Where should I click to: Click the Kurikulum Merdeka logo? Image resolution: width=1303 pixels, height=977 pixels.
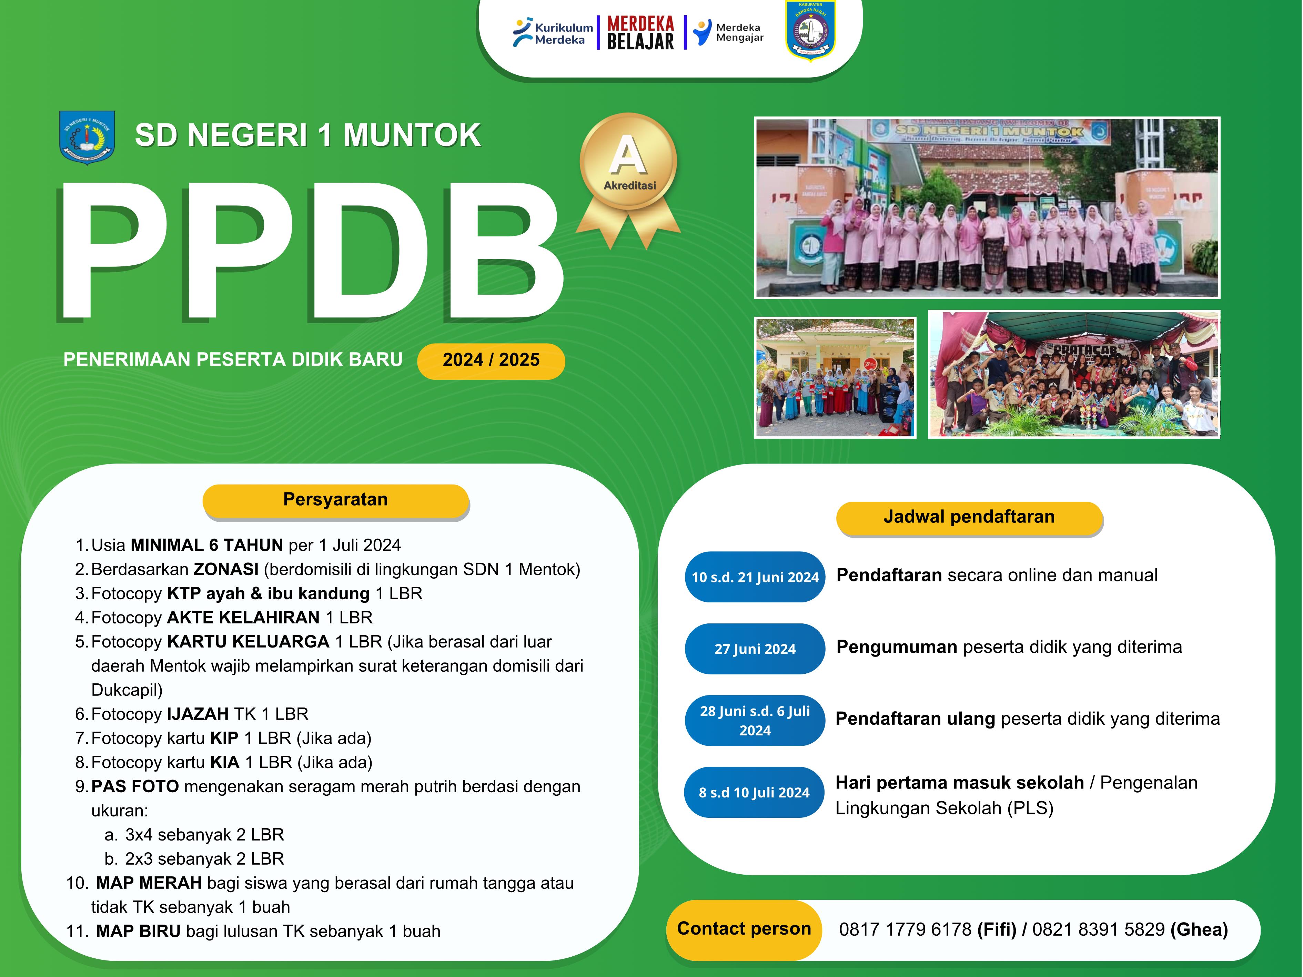tap(553, 32)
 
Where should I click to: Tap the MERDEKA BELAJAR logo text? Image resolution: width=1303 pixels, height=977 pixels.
tap(640, 32)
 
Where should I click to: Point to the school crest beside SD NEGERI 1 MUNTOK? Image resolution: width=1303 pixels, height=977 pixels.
tap(87, 137)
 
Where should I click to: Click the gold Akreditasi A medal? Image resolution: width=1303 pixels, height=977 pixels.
tap(628, 180)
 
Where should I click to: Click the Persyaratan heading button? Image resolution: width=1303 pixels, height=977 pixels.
tap(336, 501)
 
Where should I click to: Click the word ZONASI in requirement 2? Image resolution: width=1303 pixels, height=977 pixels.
tap(226, 569)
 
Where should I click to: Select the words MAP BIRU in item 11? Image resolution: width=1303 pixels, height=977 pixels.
tap(139, 931)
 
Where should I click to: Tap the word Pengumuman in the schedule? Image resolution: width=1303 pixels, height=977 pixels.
tap(897, 647)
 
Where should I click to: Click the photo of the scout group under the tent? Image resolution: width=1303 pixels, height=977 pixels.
tap(1074, 375)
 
